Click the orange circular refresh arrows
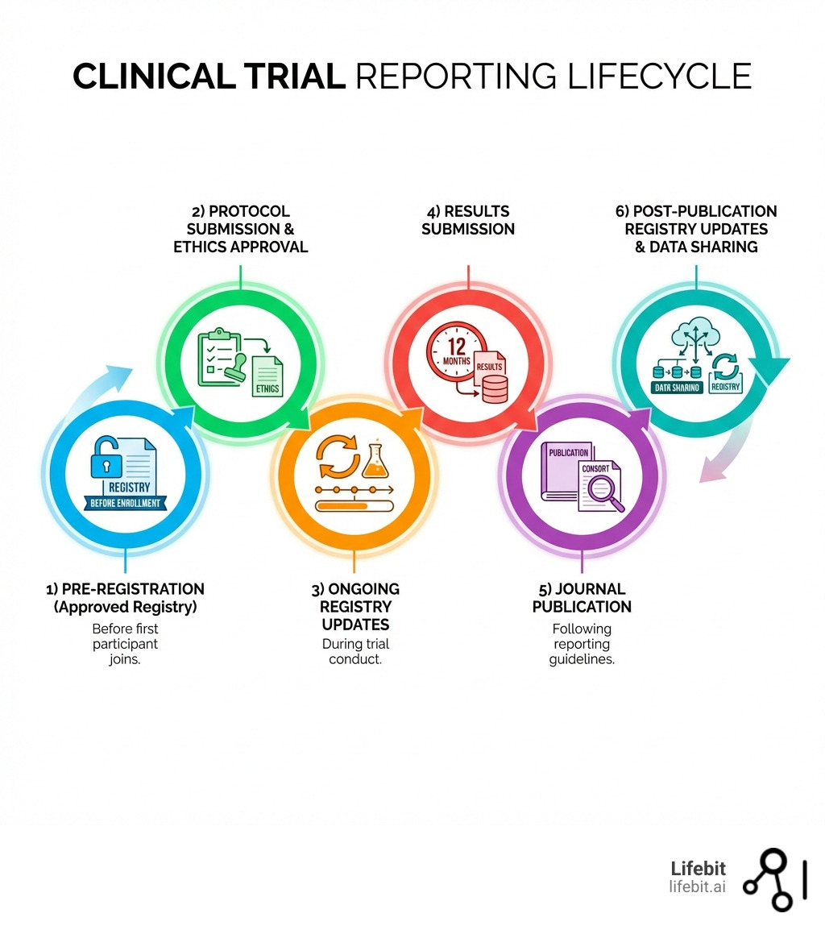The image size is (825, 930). (x=334, y=458)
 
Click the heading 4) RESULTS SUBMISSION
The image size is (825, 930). (x=468, y=220)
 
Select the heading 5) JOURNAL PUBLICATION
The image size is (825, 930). (x=581, y=597)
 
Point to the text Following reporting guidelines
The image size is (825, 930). (x=581, y=644)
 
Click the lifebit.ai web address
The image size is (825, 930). (x=697, y=886)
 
